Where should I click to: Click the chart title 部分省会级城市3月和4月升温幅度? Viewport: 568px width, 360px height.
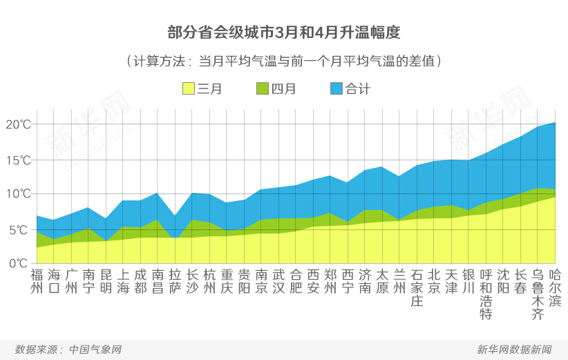click(x=284, y=32)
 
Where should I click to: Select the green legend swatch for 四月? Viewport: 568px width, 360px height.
click(x=263, y=88)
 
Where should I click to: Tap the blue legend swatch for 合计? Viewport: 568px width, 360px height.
click(x=337, y=88)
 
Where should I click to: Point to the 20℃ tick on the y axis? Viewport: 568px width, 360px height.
click(x=18, y=124)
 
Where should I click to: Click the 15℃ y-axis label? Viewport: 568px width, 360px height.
click(x=18, y=160)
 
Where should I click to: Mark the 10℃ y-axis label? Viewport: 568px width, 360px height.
click(x=18, y=193)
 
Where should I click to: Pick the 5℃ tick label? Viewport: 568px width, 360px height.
click(x=21, y=229)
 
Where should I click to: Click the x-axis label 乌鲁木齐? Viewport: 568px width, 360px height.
click(x=538, y=294)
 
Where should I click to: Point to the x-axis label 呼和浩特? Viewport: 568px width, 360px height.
click(x=486, y=294)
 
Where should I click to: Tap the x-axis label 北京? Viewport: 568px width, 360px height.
click(x=434, y=281)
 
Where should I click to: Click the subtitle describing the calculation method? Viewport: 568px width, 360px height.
click(x=284, y=61)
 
